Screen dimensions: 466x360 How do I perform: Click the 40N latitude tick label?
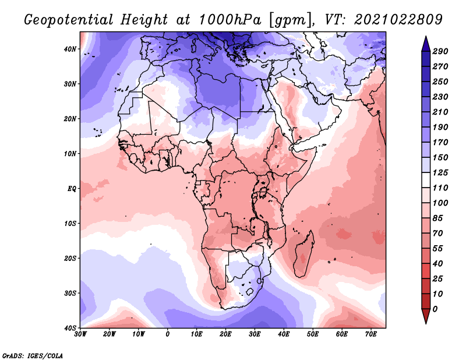[x=70, y=49]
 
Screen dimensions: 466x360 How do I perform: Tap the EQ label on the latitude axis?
[x=72, y=189]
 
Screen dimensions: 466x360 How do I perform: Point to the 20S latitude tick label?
[x=70, y=258]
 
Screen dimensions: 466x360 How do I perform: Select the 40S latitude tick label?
[x=70, y=328]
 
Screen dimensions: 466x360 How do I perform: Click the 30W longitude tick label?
[x=80, y=334]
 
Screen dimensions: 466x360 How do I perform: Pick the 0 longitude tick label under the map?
[x=168, y=334]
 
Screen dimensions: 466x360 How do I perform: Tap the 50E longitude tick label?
[x=313, y=334]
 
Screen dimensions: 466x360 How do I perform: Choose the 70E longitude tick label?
[x=371, y=334]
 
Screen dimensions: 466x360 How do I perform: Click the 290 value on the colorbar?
[x=440, y=51]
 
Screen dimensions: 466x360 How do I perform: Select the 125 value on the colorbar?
[x=440, y=172]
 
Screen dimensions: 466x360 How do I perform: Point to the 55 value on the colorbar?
[x=437, y=249]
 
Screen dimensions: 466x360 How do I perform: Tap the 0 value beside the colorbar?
[x=435, y=309]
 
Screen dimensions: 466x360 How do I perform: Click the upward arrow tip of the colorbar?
[x=426, y=36]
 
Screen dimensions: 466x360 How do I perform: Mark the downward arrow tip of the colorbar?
[x=426, y=324]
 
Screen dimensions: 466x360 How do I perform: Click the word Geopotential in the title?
[x=69, y=20]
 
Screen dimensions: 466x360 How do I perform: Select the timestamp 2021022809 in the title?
[x=398, y=20]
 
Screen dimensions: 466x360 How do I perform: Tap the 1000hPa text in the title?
[x=230, y=20]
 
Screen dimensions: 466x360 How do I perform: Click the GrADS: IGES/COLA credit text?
[x=33, y=355]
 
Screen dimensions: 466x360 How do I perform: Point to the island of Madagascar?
[x=303, y=253]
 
